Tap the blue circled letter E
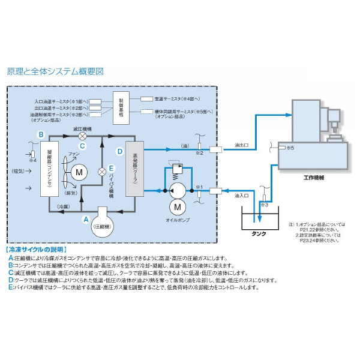112,169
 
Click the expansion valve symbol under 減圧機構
83,137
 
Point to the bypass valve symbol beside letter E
102,171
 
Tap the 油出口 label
242,145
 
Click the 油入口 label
242,196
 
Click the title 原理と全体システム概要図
55,71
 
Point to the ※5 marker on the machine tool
290,147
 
